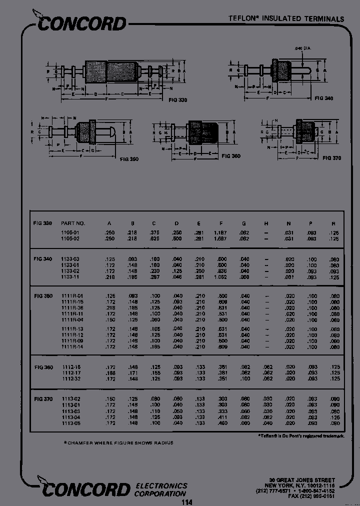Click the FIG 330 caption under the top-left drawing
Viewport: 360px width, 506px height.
tap(175, 100)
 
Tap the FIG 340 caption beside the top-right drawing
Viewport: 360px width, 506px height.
tap(324, 98)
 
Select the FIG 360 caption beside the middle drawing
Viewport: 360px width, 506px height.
tap(230, 156)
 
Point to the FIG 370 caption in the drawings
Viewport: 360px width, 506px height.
tap(331, 158)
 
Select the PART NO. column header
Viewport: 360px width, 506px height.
tap(73, 223)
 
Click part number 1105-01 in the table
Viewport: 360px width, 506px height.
tap(70, 232)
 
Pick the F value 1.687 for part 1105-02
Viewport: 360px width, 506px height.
tap(220, 239)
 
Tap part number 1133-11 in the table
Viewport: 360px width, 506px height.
tap(70, 276)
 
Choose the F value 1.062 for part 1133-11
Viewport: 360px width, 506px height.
tap(220, 276)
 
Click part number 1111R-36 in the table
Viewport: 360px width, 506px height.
tap(72, 308)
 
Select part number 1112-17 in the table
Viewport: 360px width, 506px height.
tap(70, 373)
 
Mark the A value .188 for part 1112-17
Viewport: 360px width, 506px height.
tap(110, 373)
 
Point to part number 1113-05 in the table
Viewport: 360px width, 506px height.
tap(70, 423)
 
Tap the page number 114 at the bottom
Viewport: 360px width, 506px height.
tap(186, 502)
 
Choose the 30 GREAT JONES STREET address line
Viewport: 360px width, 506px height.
tap(301, 480)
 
